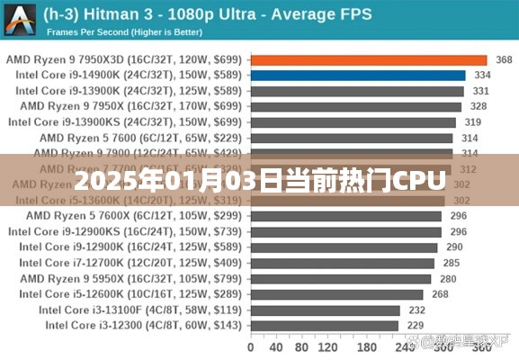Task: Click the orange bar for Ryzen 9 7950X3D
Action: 369,59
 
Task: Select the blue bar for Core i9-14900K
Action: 358,76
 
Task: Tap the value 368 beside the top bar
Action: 504,60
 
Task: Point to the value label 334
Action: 482,76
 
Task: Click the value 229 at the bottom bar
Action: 416,325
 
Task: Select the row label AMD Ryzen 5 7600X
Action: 135,216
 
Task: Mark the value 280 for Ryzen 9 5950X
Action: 448,278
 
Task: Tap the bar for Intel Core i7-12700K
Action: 343,263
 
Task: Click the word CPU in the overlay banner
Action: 418,181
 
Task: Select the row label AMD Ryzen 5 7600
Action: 140,138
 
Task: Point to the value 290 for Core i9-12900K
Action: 454,247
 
